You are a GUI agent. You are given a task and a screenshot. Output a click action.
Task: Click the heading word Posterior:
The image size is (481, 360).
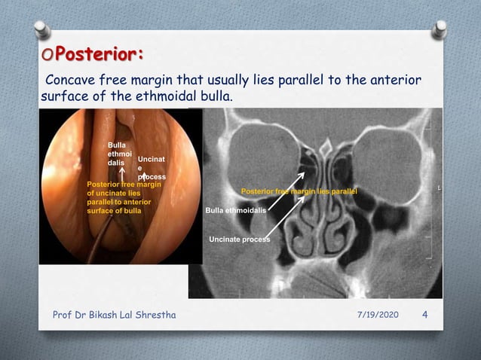tap(101, 55)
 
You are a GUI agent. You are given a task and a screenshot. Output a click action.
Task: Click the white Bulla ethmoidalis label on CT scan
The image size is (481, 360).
tap(235, 211)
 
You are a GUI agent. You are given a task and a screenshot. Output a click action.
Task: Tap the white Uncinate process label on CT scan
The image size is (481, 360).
tap(239, 239)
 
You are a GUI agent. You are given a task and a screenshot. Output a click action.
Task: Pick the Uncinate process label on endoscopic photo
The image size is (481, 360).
tap(149, 168)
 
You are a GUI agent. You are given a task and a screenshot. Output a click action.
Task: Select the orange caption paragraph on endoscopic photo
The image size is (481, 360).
tap(125, 197)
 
